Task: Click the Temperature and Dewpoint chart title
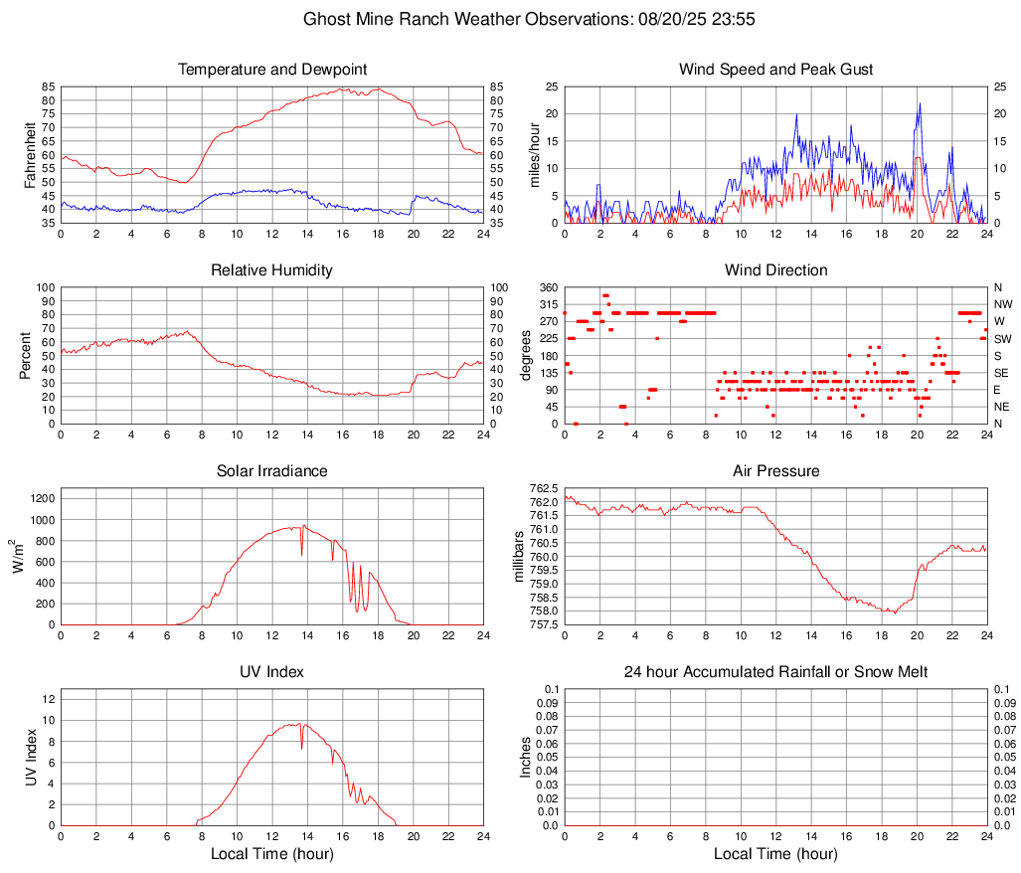(x=272, y=70)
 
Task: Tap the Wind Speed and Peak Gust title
(x=775, y=70)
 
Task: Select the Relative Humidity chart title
(x=272, y=270)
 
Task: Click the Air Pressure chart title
(x=775, y=471)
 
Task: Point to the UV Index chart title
(x=272, y=672)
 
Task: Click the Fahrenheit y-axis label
(x=29, y=154)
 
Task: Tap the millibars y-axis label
(x=519, y=556)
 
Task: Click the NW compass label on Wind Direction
(x=1002, y=304)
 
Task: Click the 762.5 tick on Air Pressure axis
(x=542, y=488)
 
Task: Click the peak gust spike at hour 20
(x=920, y=103)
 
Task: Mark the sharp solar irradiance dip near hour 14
(x=301, y=552)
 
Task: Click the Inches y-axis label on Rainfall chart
(x=526, y=757)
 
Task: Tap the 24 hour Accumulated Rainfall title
(x=775, y=672)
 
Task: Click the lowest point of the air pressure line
(x=894, y=612)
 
